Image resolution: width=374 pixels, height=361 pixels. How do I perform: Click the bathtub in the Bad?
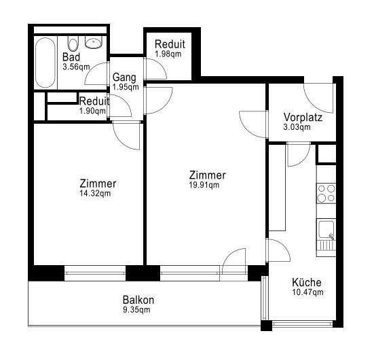45,63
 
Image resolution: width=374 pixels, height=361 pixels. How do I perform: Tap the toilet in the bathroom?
73,44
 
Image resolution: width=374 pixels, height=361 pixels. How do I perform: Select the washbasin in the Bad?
94,43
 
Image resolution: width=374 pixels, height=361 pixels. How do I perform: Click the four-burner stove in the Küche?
326,193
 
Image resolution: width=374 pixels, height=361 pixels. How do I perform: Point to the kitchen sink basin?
326,229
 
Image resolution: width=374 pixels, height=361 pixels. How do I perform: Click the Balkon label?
138,300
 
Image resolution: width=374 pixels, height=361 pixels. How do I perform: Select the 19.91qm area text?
204,185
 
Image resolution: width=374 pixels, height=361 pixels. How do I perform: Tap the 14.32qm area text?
95,193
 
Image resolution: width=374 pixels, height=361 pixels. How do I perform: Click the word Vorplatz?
303,118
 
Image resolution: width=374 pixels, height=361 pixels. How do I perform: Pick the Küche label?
307,282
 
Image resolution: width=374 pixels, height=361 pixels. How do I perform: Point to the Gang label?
124,78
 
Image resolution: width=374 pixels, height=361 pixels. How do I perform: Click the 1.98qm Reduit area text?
168,54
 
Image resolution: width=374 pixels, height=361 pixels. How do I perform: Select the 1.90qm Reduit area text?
92,111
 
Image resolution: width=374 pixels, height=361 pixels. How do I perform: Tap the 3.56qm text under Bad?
76,67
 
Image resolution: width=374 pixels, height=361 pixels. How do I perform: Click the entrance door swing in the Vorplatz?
318,98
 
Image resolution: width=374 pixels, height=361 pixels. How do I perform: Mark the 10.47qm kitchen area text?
308,292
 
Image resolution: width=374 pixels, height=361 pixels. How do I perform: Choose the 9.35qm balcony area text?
136,310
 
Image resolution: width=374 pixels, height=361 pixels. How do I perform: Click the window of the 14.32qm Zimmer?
95,273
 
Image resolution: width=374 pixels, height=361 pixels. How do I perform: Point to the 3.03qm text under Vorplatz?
297,127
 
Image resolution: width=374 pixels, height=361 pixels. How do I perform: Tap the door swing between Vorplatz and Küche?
299,154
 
